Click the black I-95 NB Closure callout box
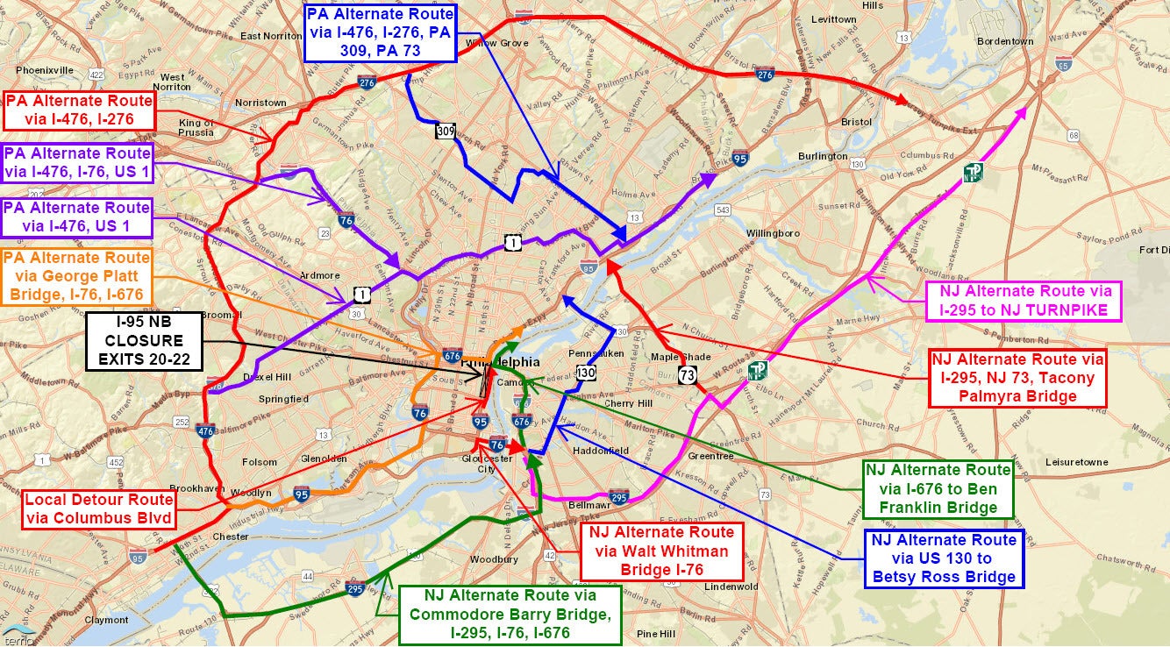coord(145,341)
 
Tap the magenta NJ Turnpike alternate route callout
coord(1018,300)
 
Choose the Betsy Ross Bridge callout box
coord(944,558)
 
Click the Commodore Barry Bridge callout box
coord(510,615)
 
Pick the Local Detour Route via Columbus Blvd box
coord(98,509)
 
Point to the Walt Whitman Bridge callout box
coord(662,551)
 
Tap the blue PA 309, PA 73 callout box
coord(381,32)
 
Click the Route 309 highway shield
coord(446,132)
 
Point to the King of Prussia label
coord(196,128)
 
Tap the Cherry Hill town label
coord(629,403)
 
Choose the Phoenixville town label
coord(44,69)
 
